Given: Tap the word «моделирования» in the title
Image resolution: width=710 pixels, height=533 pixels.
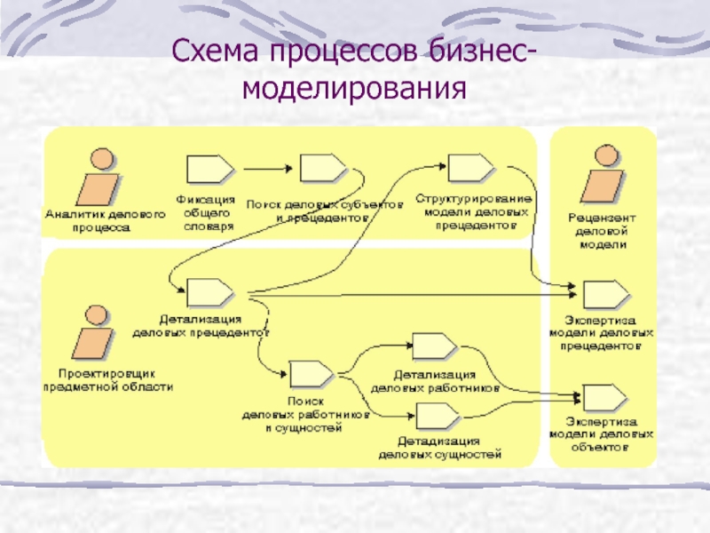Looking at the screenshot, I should pos(354,88).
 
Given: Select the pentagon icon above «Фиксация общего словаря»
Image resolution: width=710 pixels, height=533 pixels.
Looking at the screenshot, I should pos(209,168).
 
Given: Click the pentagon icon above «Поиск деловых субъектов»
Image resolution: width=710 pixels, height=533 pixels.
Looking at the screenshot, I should pos(323,167).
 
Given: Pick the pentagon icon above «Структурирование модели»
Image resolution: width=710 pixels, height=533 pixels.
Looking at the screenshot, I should pos(471,167).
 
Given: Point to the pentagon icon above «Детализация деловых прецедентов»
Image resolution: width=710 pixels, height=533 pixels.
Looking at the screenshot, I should pos(209,292).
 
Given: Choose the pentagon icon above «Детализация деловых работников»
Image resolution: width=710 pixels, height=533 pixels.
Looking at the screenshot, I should pos(435,347).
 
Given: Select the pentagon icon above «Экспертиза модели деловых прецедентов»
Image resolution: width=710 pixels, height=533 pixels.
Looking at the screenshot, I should pos(606,293).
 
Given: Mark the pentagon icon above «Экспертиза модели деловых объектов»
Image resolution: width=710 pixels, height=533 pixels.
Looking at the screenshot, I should pos(606,397).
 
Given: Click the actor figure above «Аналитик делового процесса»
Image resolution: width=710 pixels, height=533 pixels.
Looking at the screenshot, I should pos(99,177).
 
